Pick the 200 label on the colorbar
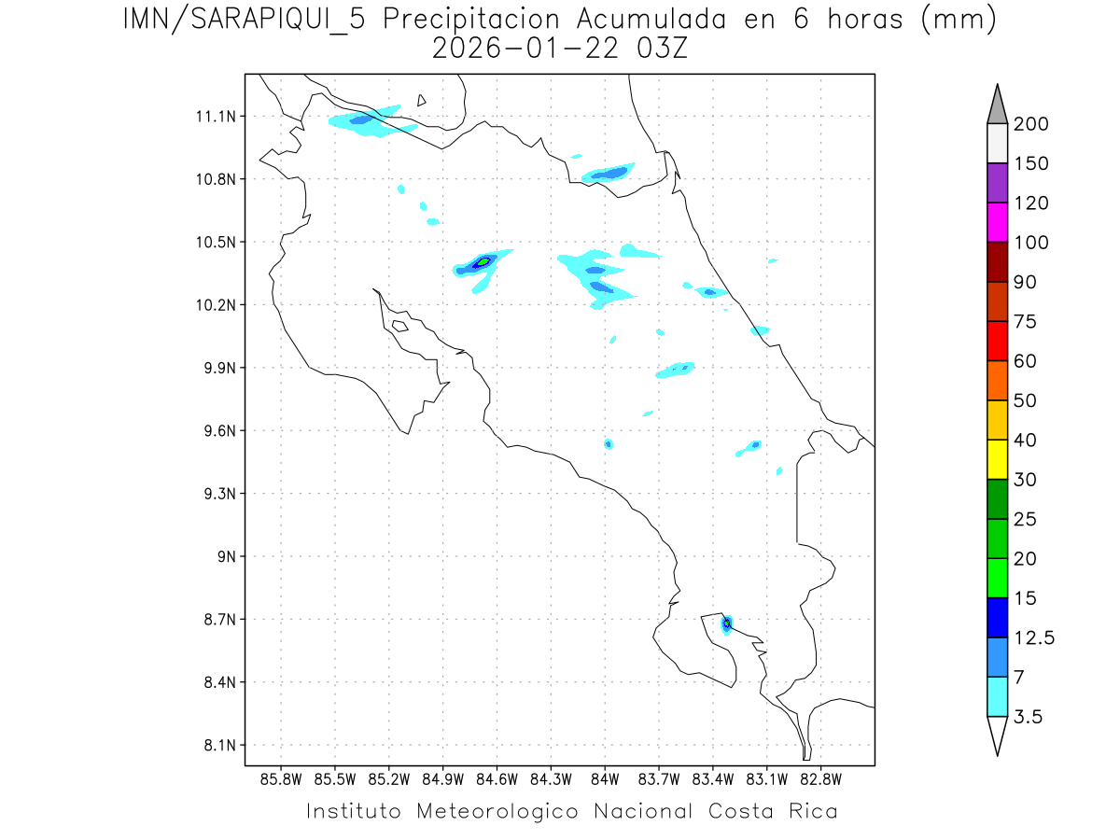[x=1031, y=124]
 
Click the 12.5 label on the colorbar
[x=1034, y=637]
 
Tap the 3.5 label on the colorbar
[x=1029, y=717]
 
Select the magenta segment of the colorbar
[x=997, y=222]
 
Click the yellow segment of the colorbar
[x=997, y=459]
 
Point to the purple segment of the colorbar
[x=997, y=183]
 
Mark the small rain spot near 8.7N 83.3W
[x=727, y=624]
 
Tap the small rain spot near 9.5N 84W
[x=609, y=443]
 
